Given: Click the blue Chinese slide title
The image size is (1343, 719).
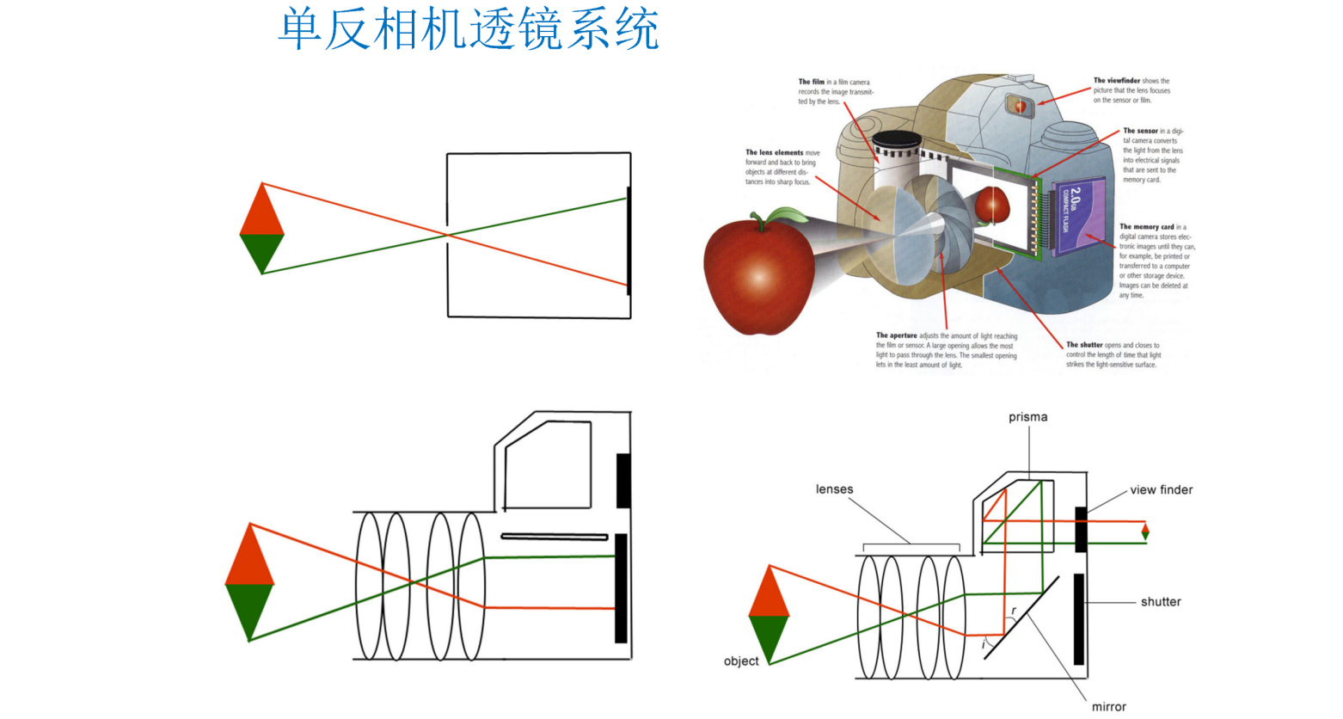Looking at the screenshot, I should (469, 29).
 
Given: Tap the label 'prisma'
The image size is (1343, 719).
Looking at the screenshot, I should (1027, 417).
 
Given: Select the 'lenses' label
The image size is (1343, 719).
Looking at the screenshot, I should (834, 489).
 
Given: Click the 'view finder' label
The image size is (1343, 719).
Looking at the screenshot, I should (1161, 490).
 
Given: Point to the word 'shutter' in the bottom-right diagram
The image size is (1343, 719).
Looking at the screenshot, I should (1160, 602).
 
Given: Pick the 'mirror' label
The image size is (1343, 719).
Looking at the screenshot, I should (1108, 707).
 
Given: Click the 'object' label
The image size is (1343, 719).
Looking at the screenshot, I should (740, 661).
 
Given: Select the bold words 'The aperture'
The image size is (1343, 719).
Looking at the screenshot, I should (896, 335).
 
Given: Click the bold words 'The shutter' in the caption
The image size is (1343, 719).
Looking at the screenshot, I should (1084, 345).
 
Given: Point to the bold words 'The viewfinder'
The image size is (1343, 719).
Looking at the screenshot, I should (1116, 81).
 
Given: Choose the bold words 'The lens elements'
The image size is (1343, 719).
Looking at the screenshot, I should (774, 152).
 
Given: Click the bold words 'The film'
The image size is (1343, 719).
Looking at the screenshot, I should (811, 83).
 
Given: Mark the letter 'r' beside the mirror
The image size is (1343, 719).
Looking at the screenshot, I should (1014, 611).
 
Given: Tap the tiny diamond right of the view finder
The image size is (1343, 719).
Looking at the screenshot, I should (1144, 532).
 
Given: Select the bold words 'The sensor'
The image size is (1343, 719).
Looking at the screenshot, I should (1140, 131).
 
